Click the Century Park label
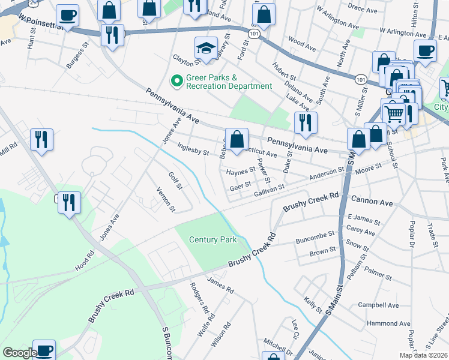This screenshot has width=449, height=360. pos(212,239)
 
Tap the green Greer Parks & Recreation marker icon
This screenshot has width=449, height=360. pos(177,80)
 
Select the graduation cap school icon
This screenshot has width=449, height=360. pos(206,49)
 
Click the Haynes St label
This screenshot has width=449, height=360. pos(241,172)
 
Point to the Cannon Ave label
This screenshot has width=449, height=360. pos(372,203)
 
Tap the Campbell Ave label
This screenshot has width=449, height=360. pos(378,305)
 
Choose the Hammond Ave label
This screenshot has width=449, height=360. pos(388,323)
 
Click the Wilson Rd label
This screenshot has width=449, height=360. pos(221,335)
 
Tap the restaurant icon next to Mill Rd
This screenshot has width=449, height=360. pos(41,139)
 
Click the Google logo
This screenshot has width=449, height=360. pos(19,352)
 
